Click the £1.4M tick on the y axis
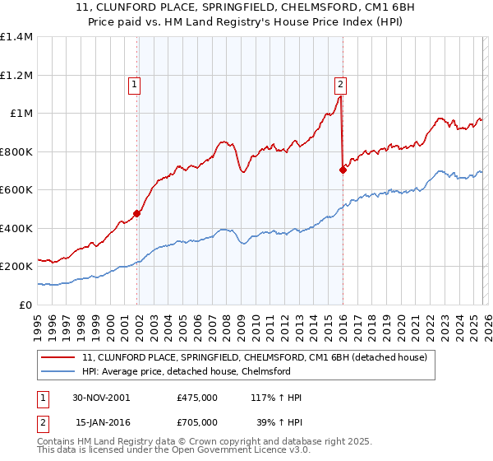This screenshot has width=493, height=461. pos(16,37)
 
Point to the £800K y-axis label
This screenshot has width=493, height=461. pos(16,151)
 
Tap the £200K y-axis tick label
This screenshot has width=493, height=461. pos(16,267)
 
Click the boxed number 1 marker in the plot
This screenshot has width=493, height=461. pos(134,83)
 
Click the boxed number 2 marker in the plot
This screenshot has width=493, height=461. pos(339,83)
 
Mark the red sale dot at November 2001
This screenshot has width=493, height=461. pos(137,214)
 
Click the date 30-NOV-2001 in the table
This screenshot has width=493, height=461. pos(101,398)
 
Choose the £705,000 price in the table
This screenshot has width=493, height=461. pos(197,421)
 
